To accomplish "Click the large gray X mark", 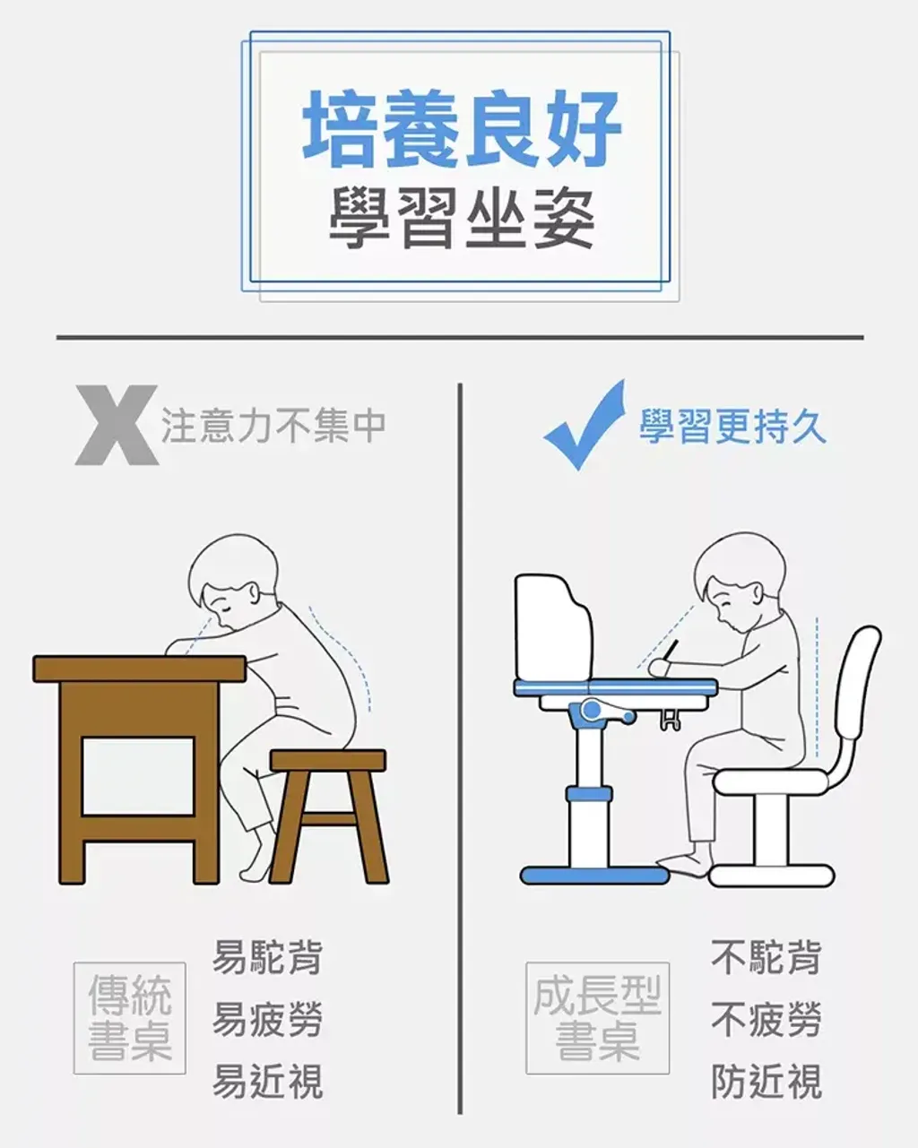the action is click(x=117, y=425).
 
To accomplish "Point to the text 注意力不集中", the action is click(x=273, y=426).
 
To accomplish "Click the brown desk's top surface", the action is click(x=139, y=669).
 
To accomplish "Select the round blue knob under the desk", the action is click(x=592, y=710).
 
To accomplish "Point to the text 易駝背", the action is click(x=268, y=957).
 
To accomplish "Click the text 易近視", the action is click(x=268, y=1082).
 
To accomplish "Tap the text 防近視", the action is click(x=766, y=1082).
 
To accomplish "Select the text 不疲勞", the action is click(x=766, y=1020).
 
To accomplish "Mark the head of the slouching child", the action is click(x=233, y=583).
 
